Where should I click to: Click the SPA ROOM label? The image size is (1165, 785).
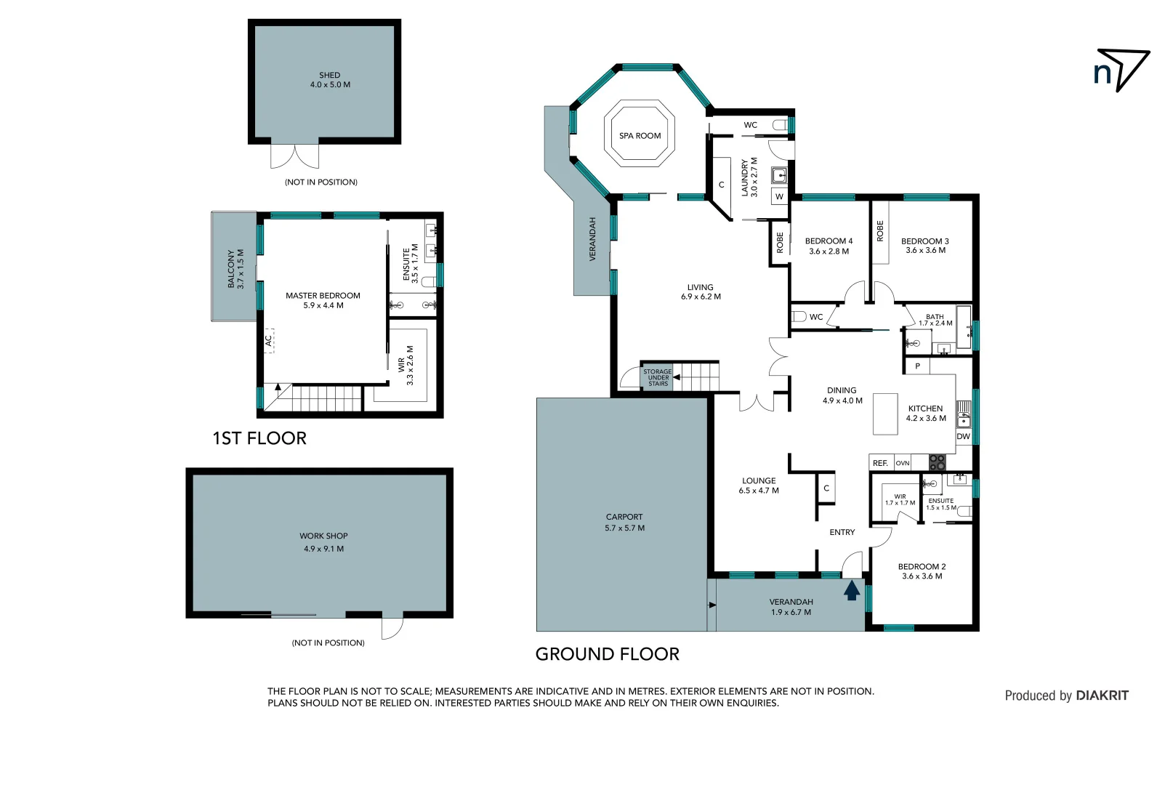[x=640, y=136]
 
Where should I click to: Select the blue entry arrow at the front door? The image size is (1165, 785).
[x=852, y=591]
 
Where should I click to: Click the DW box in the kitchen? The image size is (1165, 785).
[x=963, y=436]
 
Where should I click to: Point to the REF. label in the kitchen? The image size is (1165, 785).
[x=880, y=463]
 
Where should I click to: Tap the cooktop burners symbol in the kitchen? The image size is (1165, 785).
[x=938, y=462]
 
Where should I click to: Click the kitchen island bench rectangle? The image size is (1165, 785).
[x=885, y=414]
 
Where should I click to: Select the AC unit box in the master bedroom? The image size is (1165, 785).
[x=269, y=340]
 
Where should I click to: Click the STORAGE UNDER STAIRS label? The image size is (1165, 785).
[x=658, y=377]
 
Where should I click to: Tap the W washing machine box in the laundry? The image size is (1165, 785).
[x=779, y=196]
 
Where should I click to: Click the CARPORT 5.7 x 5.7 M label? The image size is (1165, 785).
[x=624, y=523]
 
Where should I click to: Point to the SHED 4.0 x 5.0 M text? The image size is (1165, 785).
[x=330, y=80]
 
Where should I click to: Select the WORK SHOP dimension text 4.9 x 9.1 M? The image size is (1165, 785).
[x=323, y=549]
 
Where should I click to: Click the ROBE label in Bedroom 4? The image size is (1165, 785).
[x=780, y=243]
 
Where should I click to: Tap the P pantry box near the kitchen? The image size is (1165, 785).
[x=917, y=366]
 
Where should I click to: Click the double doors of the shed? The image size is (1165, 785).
[x=294, y=155]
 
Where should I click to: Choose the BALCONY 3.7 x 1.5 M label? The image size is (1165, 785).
[x=235, y=269]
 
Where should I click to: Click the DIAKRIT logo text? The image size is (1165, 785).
[x=1102, y=696]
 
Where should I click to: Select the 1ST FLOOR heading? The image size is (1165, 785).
[x=259, y=438]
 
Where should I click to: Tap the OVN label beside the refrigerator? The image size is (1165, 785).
[x=903, y=463]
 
